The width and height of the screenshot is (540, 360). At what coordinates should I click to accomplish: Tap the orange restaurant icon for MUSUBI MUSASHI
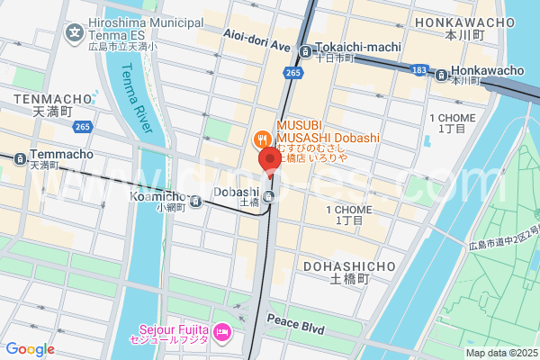point(261,139)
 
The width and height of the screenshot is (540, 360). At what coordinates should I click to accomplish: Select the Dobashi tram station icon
point(270,195)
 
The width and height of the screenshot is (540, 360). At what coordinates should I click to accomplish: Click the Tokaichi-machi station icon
point(306,50)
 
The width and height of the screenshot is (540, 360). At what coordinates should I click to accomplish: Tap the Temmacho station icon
point(19,157)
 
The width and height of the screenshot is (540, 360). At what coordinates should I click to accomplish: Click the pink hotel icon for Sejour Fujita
point(223,335)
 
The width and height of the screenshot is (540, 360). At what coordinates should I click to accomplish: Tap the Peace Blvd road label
point(295,324)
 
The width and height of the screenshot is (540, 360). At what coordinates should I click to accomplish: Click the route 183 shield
point(418,68)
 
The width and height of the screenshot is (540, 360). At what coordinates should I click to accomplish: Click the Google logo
point(30,349)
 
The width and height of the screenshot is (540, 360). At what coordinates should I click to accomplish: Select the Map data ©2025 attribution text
point(500,353)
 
